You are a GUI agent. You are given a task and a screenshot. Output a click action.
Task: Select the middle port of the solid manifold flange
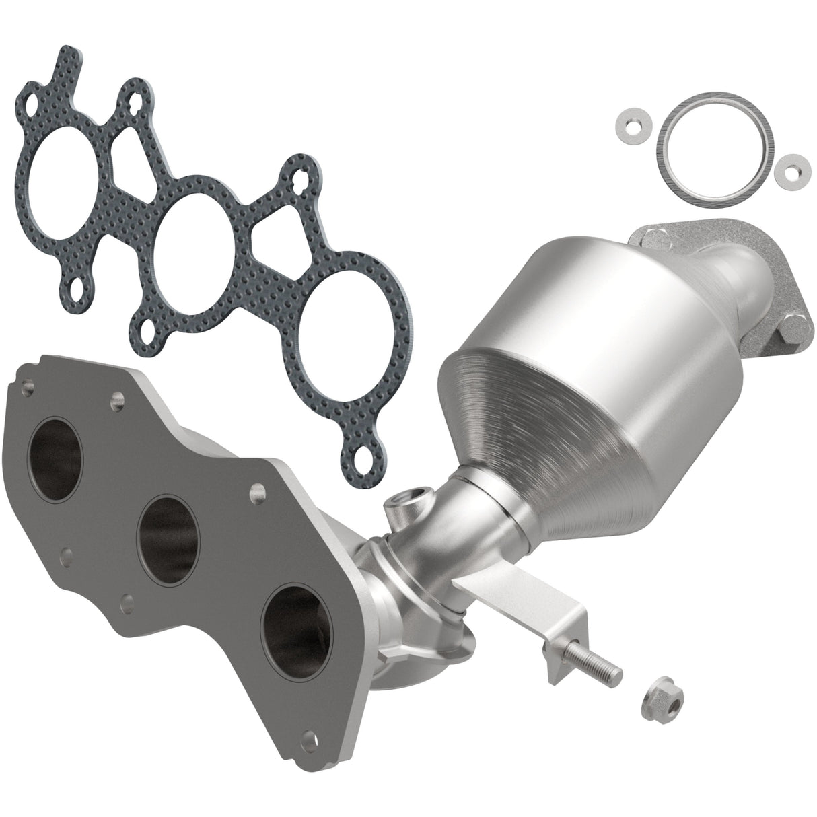(x=169, y=532)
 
